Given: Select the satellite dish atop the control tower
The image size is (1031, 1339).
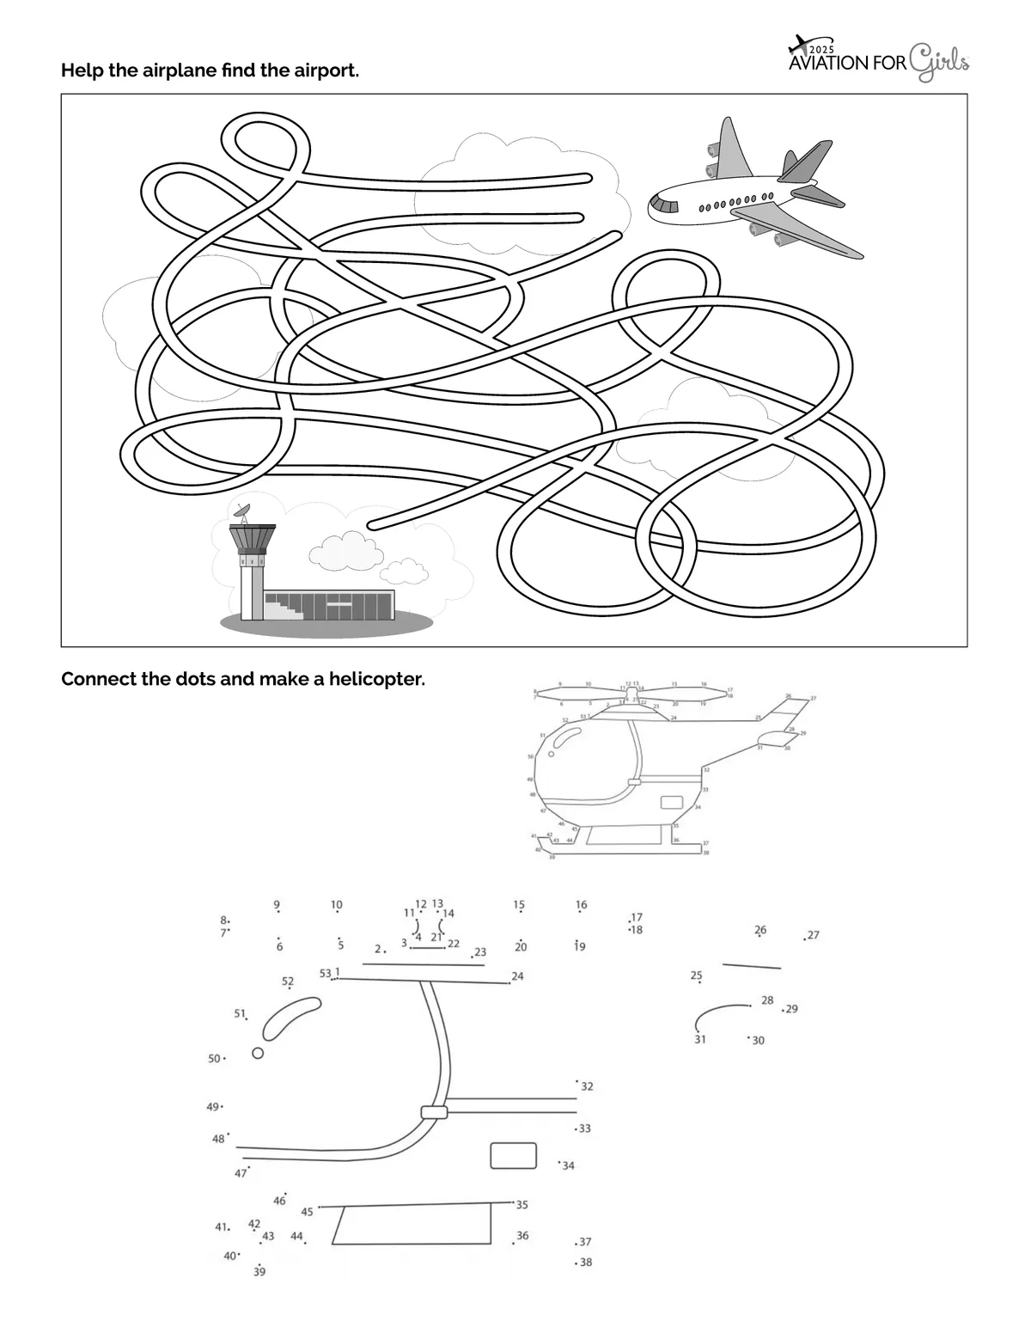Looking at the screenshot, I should click(243, 511).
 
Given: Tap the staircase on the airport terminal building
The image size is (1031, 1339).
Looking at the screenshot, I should click(284, 608).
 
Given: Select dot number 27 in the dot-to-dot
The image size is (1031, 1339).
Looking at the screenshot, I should click(805, 939).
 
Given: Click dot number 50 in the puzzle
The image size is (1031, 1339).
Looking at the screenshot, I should click(224, 1059).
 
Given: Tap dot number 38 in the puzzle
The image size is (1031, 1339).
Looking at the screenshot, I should click(576, 1263).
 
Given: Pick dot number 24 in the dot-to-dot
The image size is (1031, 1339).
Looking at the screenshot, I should click(509, 981).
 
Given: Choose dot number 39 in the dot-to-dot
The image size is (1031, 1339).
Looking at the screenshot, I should click(259, 1264).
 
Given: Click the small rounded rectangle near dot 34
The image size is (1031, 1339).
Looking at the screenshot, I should click(513, 1155).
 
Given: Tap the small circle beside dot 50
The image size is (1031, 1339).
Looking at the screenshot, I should click(258, 1053).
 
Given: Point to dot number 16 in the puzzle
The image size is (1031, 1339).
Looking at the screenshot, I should click(582, 912).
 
